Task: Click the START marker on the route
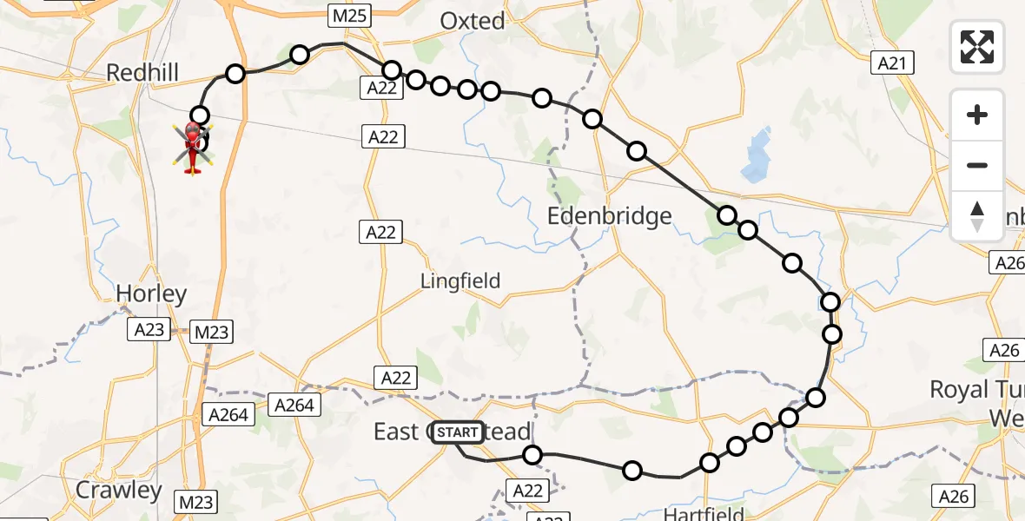coord(457,432)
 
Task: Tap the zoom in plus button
coord(977,115)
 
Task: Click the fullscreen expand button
coord(977,47)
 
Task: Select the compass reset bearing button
coord(977,216)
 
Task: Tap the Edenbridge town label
coord(610,215)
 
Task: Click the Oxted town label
coord(473,21)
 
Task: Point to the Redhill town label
coord(142,72)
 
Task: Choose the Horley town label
coord(151,293)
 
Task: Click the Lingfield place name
coord(460,280)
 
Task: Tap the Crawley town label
coord(119,490)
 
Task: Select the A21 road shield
coord(891,63)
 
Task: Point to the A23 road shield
coord(149,330)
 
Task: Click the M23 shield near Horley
coord(210,331)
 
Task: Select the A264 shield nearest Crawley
coord(228,414)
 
